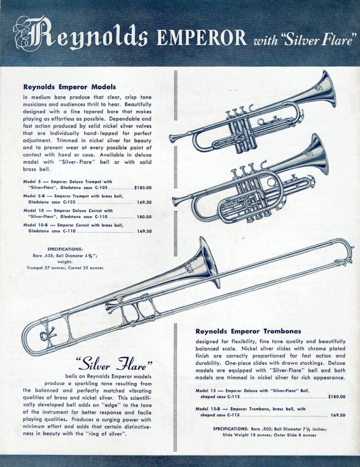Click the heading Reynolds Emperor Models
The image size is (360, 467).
[x=69, y=87]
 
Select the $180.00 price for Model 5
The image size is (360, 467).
[x=143, y=187]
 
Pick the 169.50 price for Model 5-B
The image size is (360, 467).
[x=144, y=202]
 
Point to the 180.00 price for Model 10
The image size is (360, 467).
[x=144, y=217]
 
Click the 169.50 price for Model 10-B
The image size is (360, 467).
[x=144, y=231]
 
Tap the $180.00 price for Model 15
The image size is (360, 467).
[x=337, y=397]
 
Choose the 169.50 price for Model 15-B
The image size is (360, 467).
[x=338, y=415]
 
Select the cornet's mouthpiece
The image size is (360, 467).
[x=176, y=201]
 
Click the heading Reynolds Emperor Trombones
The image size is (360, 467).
[x=248, y=331]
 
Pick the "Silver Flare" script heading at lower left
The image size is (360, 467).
[x=114, y=363]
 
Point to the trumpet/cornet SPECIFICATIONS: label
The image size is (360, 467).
[x=65, y=249]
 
